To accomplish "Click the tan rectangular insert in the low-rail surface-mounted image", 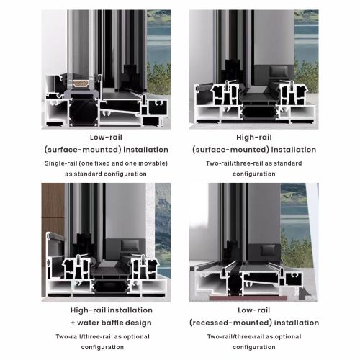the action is (x=81, y=84).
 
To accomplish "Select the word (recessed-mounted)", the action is (x=230, y=323).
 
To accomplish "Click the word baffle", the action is (x=114, y=323).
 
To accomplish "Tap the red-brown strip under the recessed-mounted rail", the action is (x=248, y=298).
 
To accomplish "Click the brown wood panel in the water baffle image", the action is (x=53, y=216).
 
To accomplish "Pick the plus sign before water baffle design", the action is (x=73, y=323).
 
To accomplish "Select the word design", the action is (x=140, y=323).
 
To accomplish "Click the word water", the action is (x=89, y=323).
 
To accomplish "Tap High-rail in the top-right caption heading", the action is (x=254, y=138).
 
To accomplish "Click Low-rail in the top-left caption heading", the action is (x=106, y=138).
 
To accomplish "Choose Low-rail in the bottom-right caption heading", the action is (x=254, y=310).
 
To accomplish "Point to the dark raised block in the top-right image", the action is (x=279, y=71).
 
